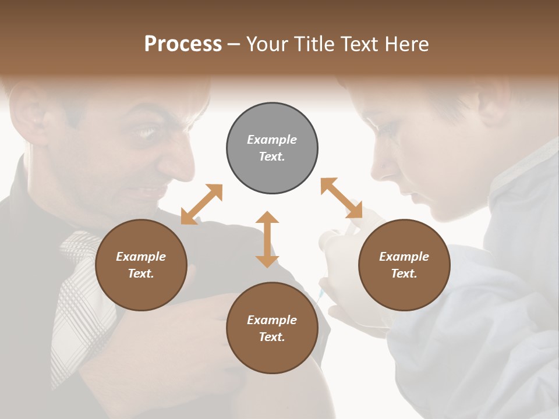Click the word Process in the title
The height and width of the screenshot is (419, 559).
(x=183, y=44)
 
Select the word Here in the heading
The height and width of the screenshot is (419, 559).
(x=408, y=44)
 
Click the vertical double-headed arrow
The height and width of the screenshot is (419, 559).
(x=267, y=239)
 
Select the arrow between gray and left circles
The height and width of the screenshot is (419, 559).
(x=201, y=204)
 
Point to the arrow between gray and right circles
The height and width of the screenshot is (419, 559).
(x=341, y=198)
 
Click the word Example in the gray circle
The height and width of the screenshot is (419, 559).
(x=272, y=140)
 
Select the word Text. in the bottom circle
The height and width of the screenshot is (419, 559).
(x=272, y=337)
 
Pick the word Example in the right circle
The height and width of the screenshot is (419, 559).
(x=404, y=257)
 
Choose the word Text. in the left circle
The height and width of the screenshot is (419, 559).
(x=141, y=274)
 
